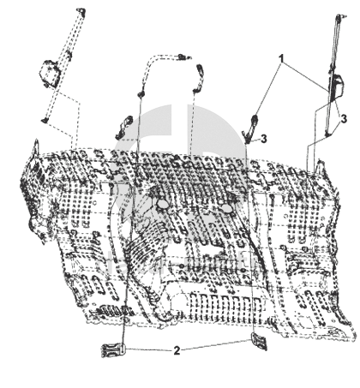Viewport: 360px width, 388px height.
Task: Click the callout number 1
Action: [282, 59]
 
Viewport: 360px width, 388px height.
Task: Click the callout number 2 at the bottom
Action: [177, 350]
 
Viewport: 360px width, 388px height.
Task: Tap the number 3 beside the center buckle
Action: [264, 139]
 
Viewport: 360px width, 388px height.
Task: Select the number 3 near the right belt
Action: [344, 118]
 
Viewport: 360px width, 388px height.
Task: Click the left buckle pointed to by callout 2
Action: [113, 350]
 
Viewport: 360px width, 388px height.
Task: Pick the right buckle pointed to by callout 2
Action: [259, 341]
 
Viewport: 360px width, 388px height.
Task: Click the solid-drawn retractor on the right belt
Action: [337, 87]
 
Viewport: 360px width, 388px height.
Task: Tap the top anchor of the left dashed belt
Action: [81, 11]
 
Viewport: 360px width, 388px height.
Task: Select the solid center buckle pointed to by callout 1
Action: [252, 125]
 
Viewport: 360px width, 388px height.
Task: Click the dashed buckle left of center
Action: [123, 126]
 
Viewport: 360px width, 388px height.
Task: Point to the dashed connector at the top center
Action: [183, 57]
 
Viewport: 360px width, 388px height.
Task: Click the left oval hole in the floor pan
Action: [163, 204]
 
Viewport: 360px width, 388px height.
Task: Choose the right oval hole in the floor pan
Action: [227, 208]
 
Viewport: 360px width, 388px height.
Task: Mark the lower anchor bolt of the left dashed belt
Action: [45, 120]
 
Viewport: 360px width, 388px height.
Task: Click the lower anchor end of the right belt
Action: [328, 134]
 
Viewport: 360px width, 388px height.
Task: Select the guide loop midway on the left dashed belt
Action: [69, 55]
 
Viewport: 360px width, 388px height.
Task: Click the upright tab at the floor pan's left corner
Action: [36, 146]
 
